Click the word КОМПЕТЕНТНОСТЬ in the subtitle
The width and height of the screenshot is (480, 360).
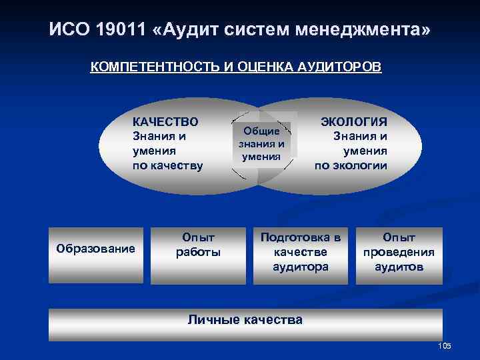pos(145,67)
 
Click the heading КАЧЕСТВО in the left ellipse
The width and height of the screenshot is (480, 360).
pos(165,121)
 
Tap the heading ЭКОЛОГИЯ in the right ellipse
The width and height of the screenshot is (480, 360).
pos(354,121)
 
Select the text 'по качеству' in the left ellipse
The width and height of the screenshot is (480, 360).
pos(167,165)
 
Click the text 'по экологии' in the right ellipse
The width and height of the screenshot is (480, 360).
pos(351,165)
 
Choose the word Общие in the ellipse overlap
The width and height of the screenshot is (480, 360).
pos(262,131)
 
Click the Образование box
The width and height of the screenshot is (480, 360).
pos(95,249)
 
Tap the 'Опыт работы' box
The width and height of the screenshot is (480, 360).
pos(198,245)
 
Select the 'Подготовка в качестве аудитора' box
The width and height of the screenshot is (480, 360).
pos(304,252)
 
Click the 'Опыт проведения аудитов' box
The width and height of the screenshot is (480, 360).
pos(398,252)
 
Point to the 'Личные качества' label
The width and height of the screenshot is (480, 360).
pos(245,319)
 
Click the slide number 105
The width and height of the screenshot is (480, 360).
pos(445,345)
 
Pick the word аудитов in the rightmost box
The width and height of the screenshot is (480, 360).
pos(398,267)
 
